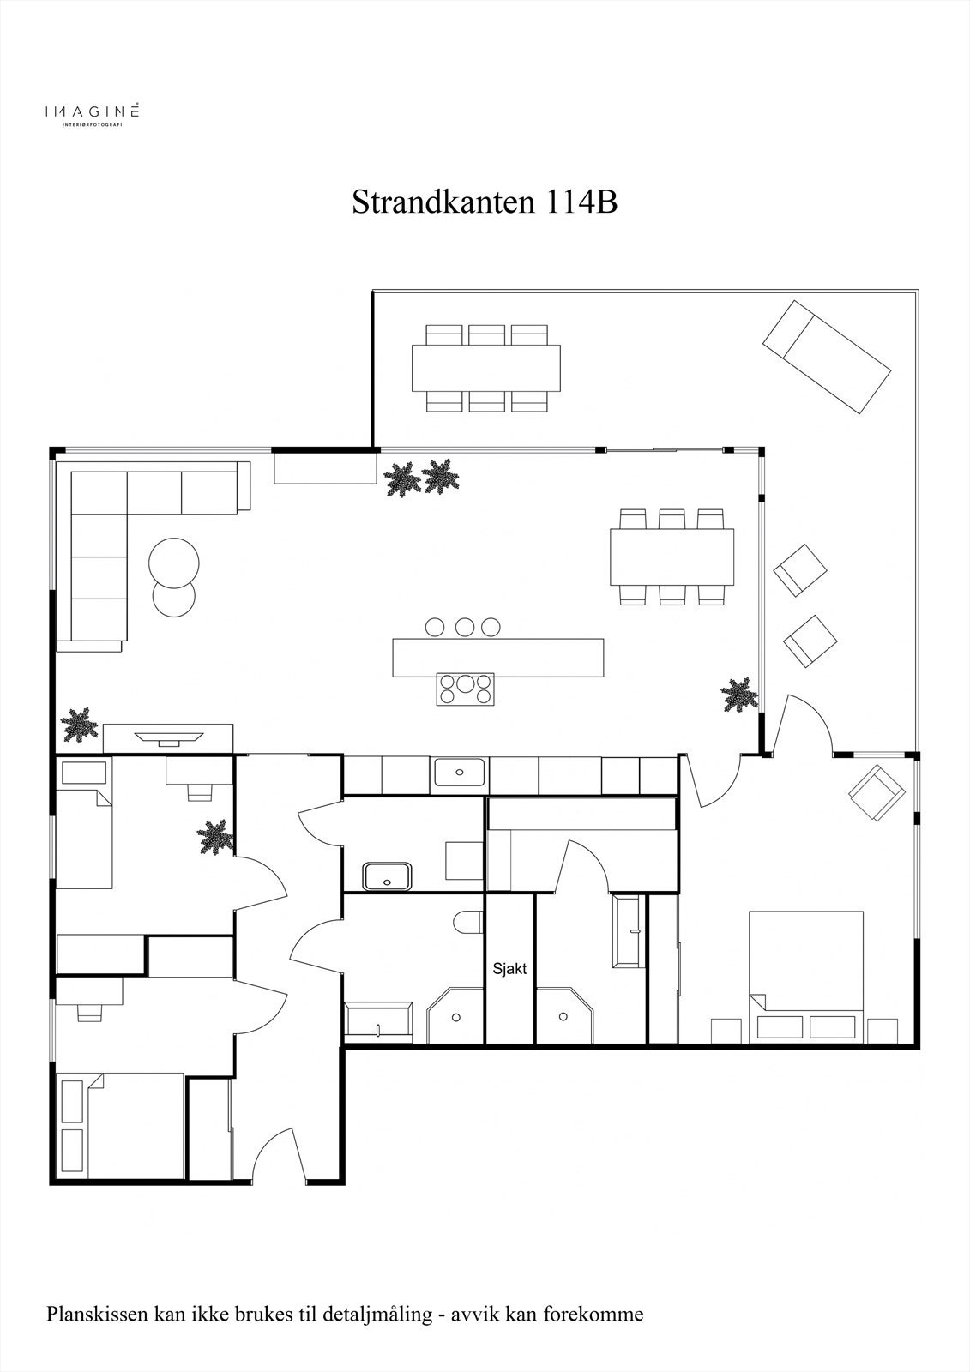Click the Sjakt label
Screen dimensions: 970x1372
[x=509, y=970]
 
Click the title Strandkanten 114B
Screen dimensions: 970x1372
[x=484, y=202]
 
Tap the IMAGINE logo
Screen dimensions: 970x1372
[x=92, y=113]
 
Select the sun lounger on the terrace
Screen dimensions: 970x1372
[x=827, y=356]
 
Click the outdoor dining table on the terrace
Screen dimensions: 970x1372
[x=486, y=368]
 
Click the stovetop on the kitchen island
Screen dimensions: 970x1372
[x=466, y=689]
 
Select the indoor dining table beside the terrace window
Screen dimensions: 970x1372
[x=672, y=557]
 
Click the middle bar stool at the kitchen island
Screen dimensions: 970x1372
[x=465, y=627]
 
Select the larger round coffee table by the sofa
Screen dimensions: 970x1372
[x=174, y=562]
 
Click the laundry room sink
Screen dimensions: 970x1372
[x=388, y=876]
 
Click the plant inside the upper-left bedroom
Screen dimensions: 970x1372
[x=215, y=837]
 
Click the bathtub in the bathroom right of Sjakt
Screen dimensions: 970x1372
[x=629, y=931]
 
